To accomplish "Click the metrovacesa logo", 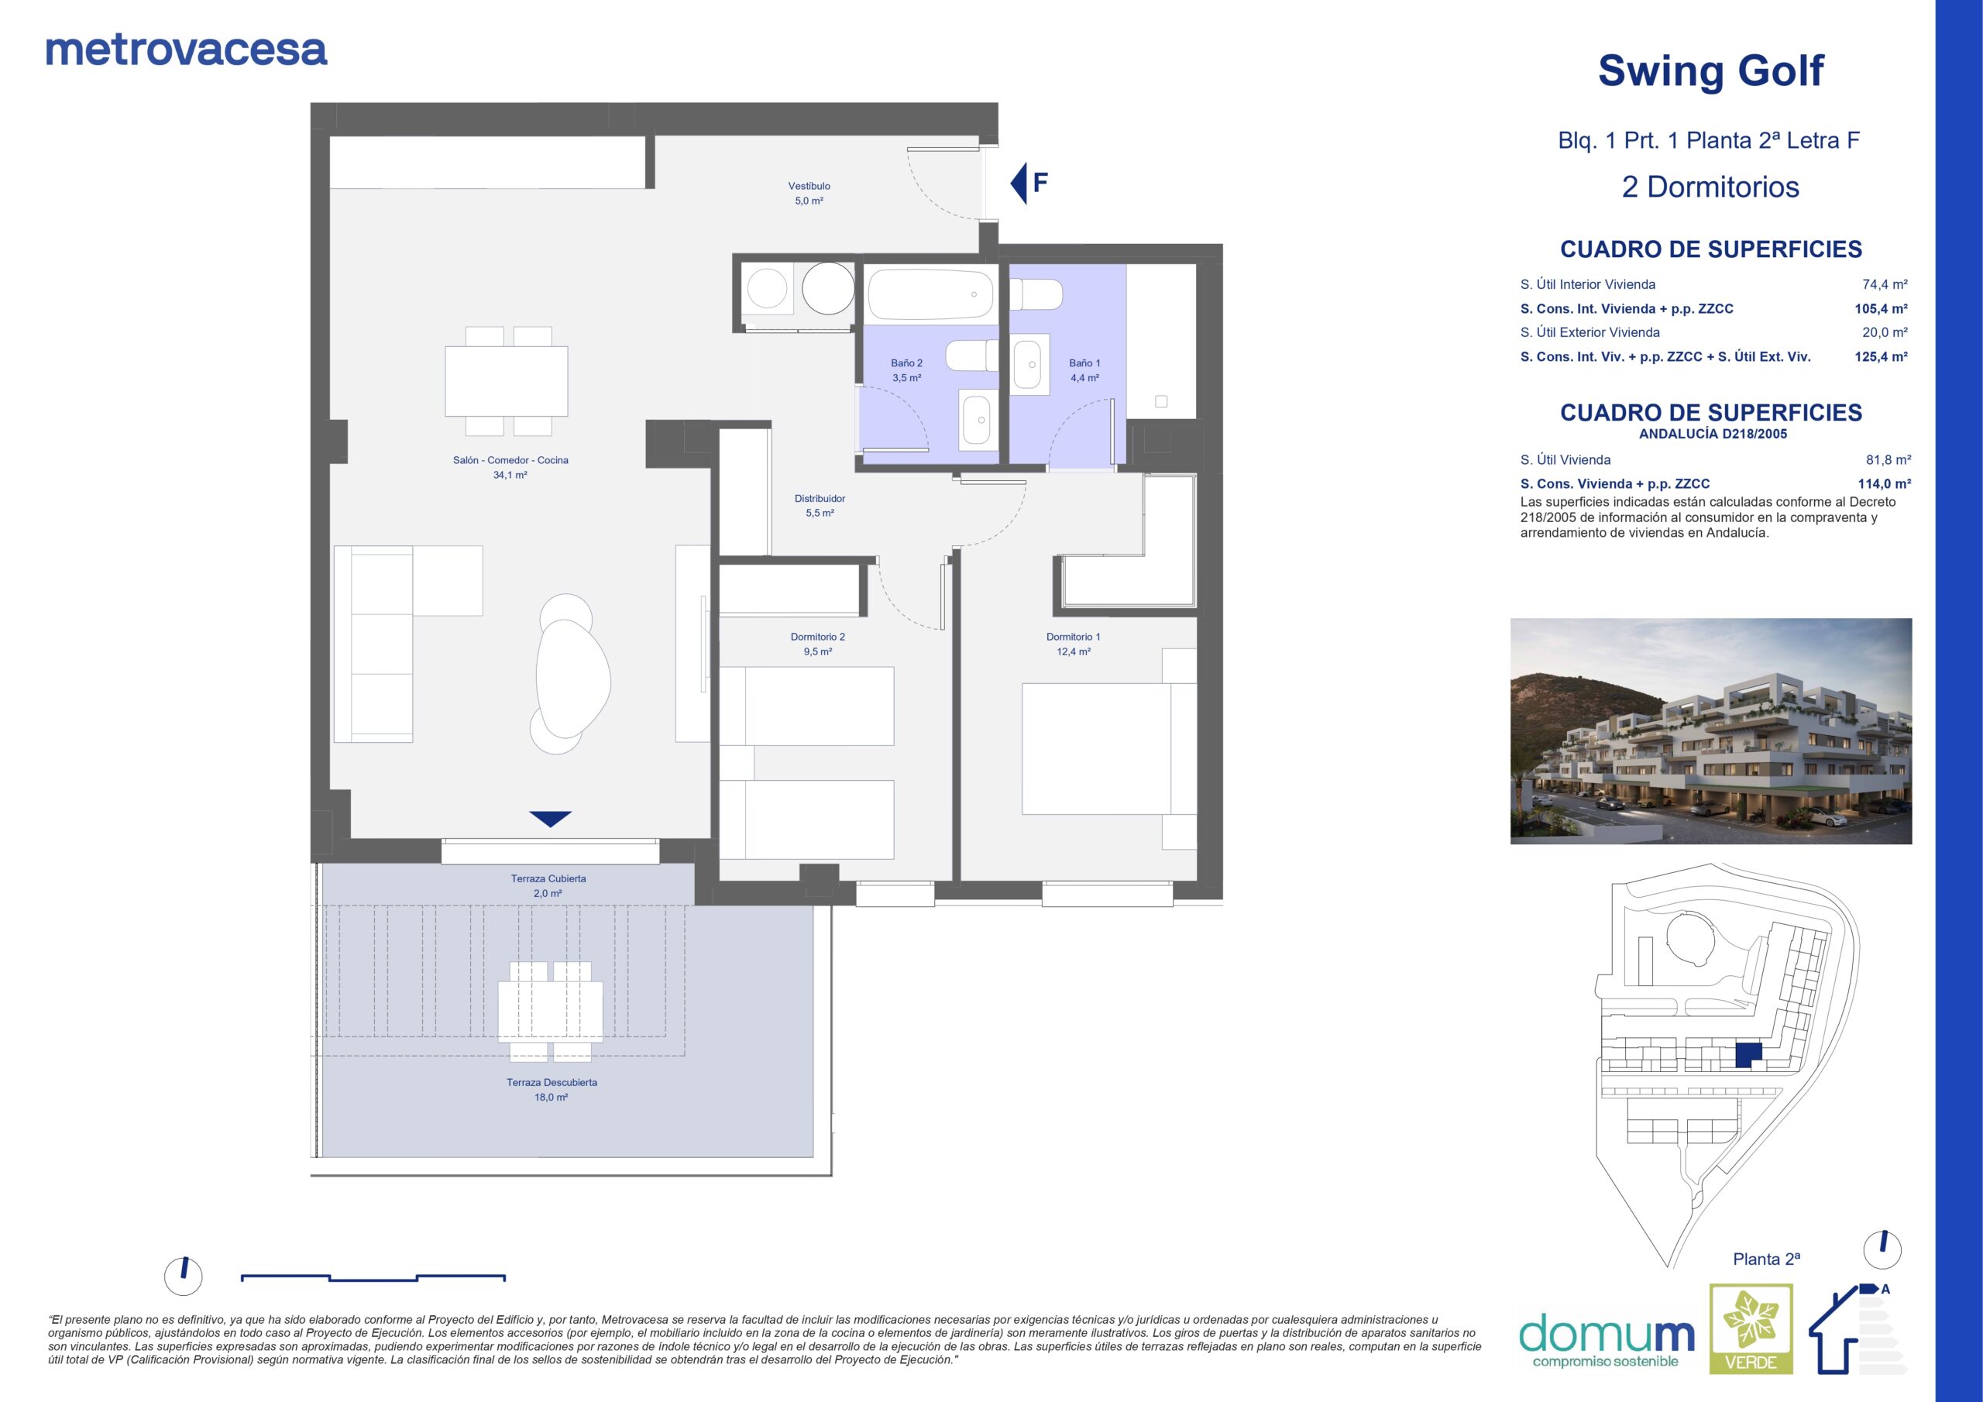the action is click(187, 50).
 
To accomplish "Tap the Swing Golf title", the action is click(1710, 70).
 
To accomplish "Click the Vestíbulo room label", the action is click(809, 186).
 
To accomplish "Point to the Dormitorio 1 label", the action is click(1074, 637).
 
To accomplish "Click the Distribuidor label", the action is click(820, 498).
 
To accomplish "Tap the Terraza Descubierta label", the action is click(552, 1082).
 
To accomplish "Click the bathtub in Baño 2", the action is click(931, 294).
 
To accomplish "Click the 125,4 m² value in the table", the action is click(1881, 356).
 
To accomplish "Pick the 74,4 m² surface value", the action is click(1885, 284).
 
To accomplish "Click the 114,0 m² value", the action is click(1885, 484).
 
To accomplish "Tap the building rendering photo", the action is click(1711, 730).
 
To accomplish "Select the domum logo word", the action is click(1607, 1335).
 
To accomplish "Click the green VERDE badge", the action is click(1751, 1341).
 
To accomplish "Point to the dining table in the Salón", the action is click(507, 381).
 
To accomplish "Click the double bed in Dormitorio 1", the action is click(1109, 748).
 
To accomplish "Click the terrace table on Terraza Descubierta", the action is click(550, 1012).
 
